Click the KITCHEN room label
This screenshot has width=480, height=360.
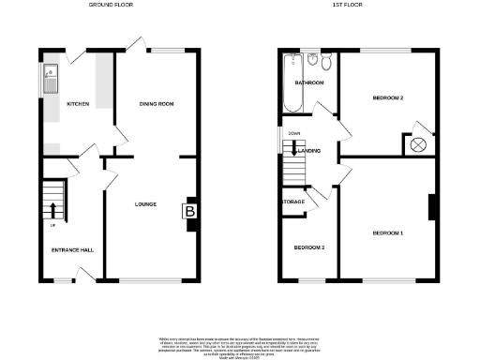coord(78,104)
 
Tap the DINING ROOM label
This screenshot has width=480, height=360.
coord(157,103)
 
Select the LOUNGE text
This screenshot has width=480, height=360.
coord(145,203)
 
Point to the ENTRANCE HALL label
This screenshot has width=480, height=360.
coord(72,250)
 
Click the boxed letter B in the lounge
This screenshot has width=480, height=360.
coord(190,213)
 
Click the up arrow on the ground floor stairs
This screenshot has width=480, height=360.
coord(53,210)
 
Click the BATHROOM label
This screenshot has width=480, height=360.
coord(308,82)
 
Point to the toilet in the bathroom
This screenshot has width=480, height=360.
coord(325,63)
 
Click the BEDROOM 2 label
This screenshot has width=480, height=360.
coord(388,97)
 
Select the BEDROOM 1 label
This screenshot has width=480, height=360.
coord(387,232)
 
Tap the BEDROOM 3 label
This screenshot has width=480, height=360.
coord(308,247)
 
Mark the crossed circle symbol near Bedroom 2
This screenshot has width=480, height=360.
coord(418,144)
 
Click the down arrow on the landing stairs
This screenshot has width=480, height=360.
coord(293,149)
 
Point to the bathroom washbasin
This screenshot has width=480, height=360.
coord(311,61)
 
